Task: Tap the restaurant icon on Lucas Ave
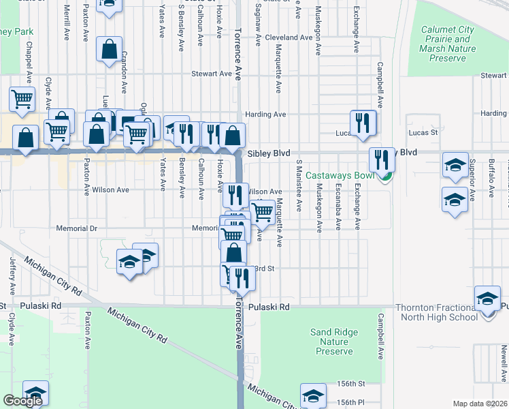click(x=363, y=123)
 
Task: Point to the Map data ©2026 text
click(x=480, y=404)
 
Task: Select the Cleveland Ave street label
click(x=289, y=37)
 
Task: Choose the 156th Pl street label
click(x=351, y=402)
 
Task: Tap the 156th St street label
click(x=351, y=384)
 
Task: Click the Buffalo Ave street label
click(x=491, y=176)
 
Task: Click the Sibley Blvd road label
click(x=264, y=154)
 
